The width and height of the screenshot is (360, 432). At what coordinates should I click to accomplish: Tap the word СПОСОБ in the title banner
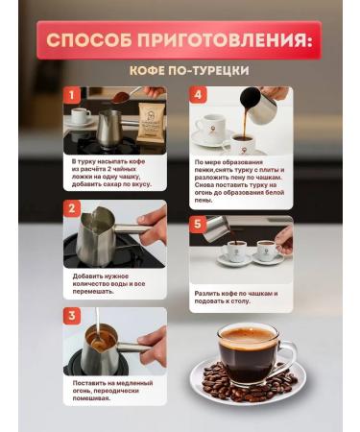pos(91,41)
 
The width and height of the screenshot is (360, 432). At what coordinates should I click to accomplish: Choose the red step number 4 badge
pos(198,96)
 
